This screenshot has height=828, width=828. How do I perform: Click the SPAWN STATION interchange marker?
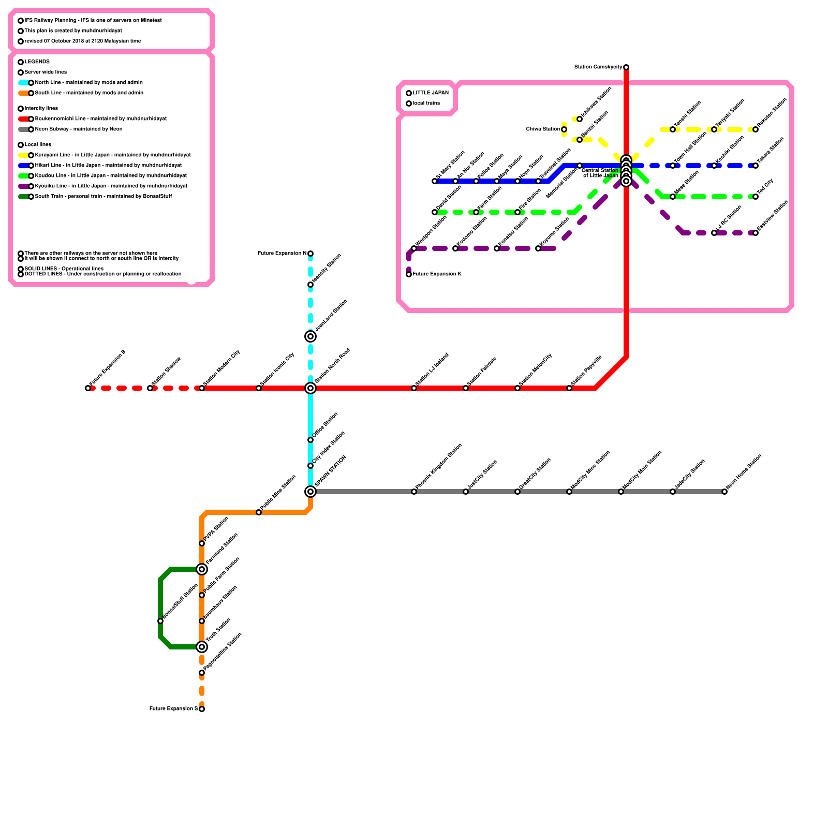[310, 492]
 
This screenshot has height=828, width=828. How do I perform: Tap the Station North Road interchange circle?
[310, 388]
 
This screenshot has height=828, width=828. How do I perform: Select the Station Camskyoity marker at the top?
[626, 67]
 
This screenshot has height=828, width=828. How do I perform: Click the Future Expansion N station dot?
[310, 254]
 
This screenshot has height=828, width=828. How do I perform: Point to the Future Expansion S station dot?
[202, 709]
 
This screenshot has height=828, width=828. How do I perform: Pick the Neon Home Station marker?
[724, 492]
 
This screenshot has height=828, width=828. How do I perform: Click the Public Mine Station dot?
[259, 512]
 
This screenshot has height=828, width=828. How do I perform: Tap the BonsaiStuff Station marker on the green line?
[160, 621]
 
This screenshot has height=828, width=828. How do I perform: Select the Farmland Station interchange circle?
[202, 569]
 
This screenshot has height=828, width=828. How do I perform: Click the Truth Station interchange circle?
[202, 647]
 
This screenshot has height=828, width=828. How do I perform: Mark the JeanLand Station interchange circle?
[310, 336]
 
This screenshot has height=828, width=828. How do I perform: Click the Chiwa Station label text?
[543, 129]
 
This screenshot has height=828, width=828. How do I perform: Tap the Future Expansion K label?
[437, 274]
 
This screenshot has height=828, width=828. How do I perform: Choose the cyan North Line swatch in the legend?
[23, 83]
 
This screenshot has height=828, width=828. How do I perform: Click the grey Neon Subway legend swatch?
[23, 129]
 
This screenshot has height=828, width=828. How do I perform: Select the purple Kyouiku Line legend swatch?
[23, 186]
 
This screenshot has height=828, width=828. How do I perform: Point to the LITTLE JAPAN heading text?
[431, 93]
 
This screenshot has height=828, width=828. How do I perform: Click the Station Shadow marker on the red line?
[150, 388]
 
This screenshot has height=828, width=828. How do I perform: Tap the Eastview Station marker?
[756, 233]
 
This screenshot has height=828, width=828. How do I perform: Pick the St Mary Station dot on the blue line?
[435, 181]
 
